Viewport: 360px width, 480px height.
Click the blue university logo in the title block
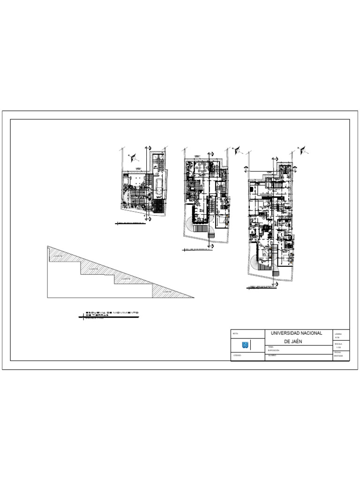[245, 345]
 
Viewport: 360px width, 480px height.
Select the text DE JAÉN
[293, 341]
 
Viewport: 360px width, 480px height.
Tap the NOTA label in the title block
[235, 333]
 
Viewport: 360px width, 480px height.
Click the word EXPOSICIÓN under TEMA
[273, 350]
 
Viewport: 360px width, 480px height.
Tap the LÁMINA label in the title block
[338, 334]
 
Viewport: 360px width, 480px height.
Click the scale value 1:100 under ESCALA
[338, 347]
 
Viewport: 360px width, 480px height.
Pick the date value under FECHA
[338, 356]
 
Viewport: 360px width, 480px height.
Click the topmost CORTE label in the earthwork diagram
[58, 255]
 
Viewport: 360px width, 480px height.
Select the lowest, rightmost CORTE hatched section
[166, 291]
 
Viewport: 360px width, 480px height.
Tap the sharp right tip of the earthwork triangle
[194, 297]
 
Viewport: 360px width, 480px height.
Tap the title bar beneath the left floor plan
[130, 224]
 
